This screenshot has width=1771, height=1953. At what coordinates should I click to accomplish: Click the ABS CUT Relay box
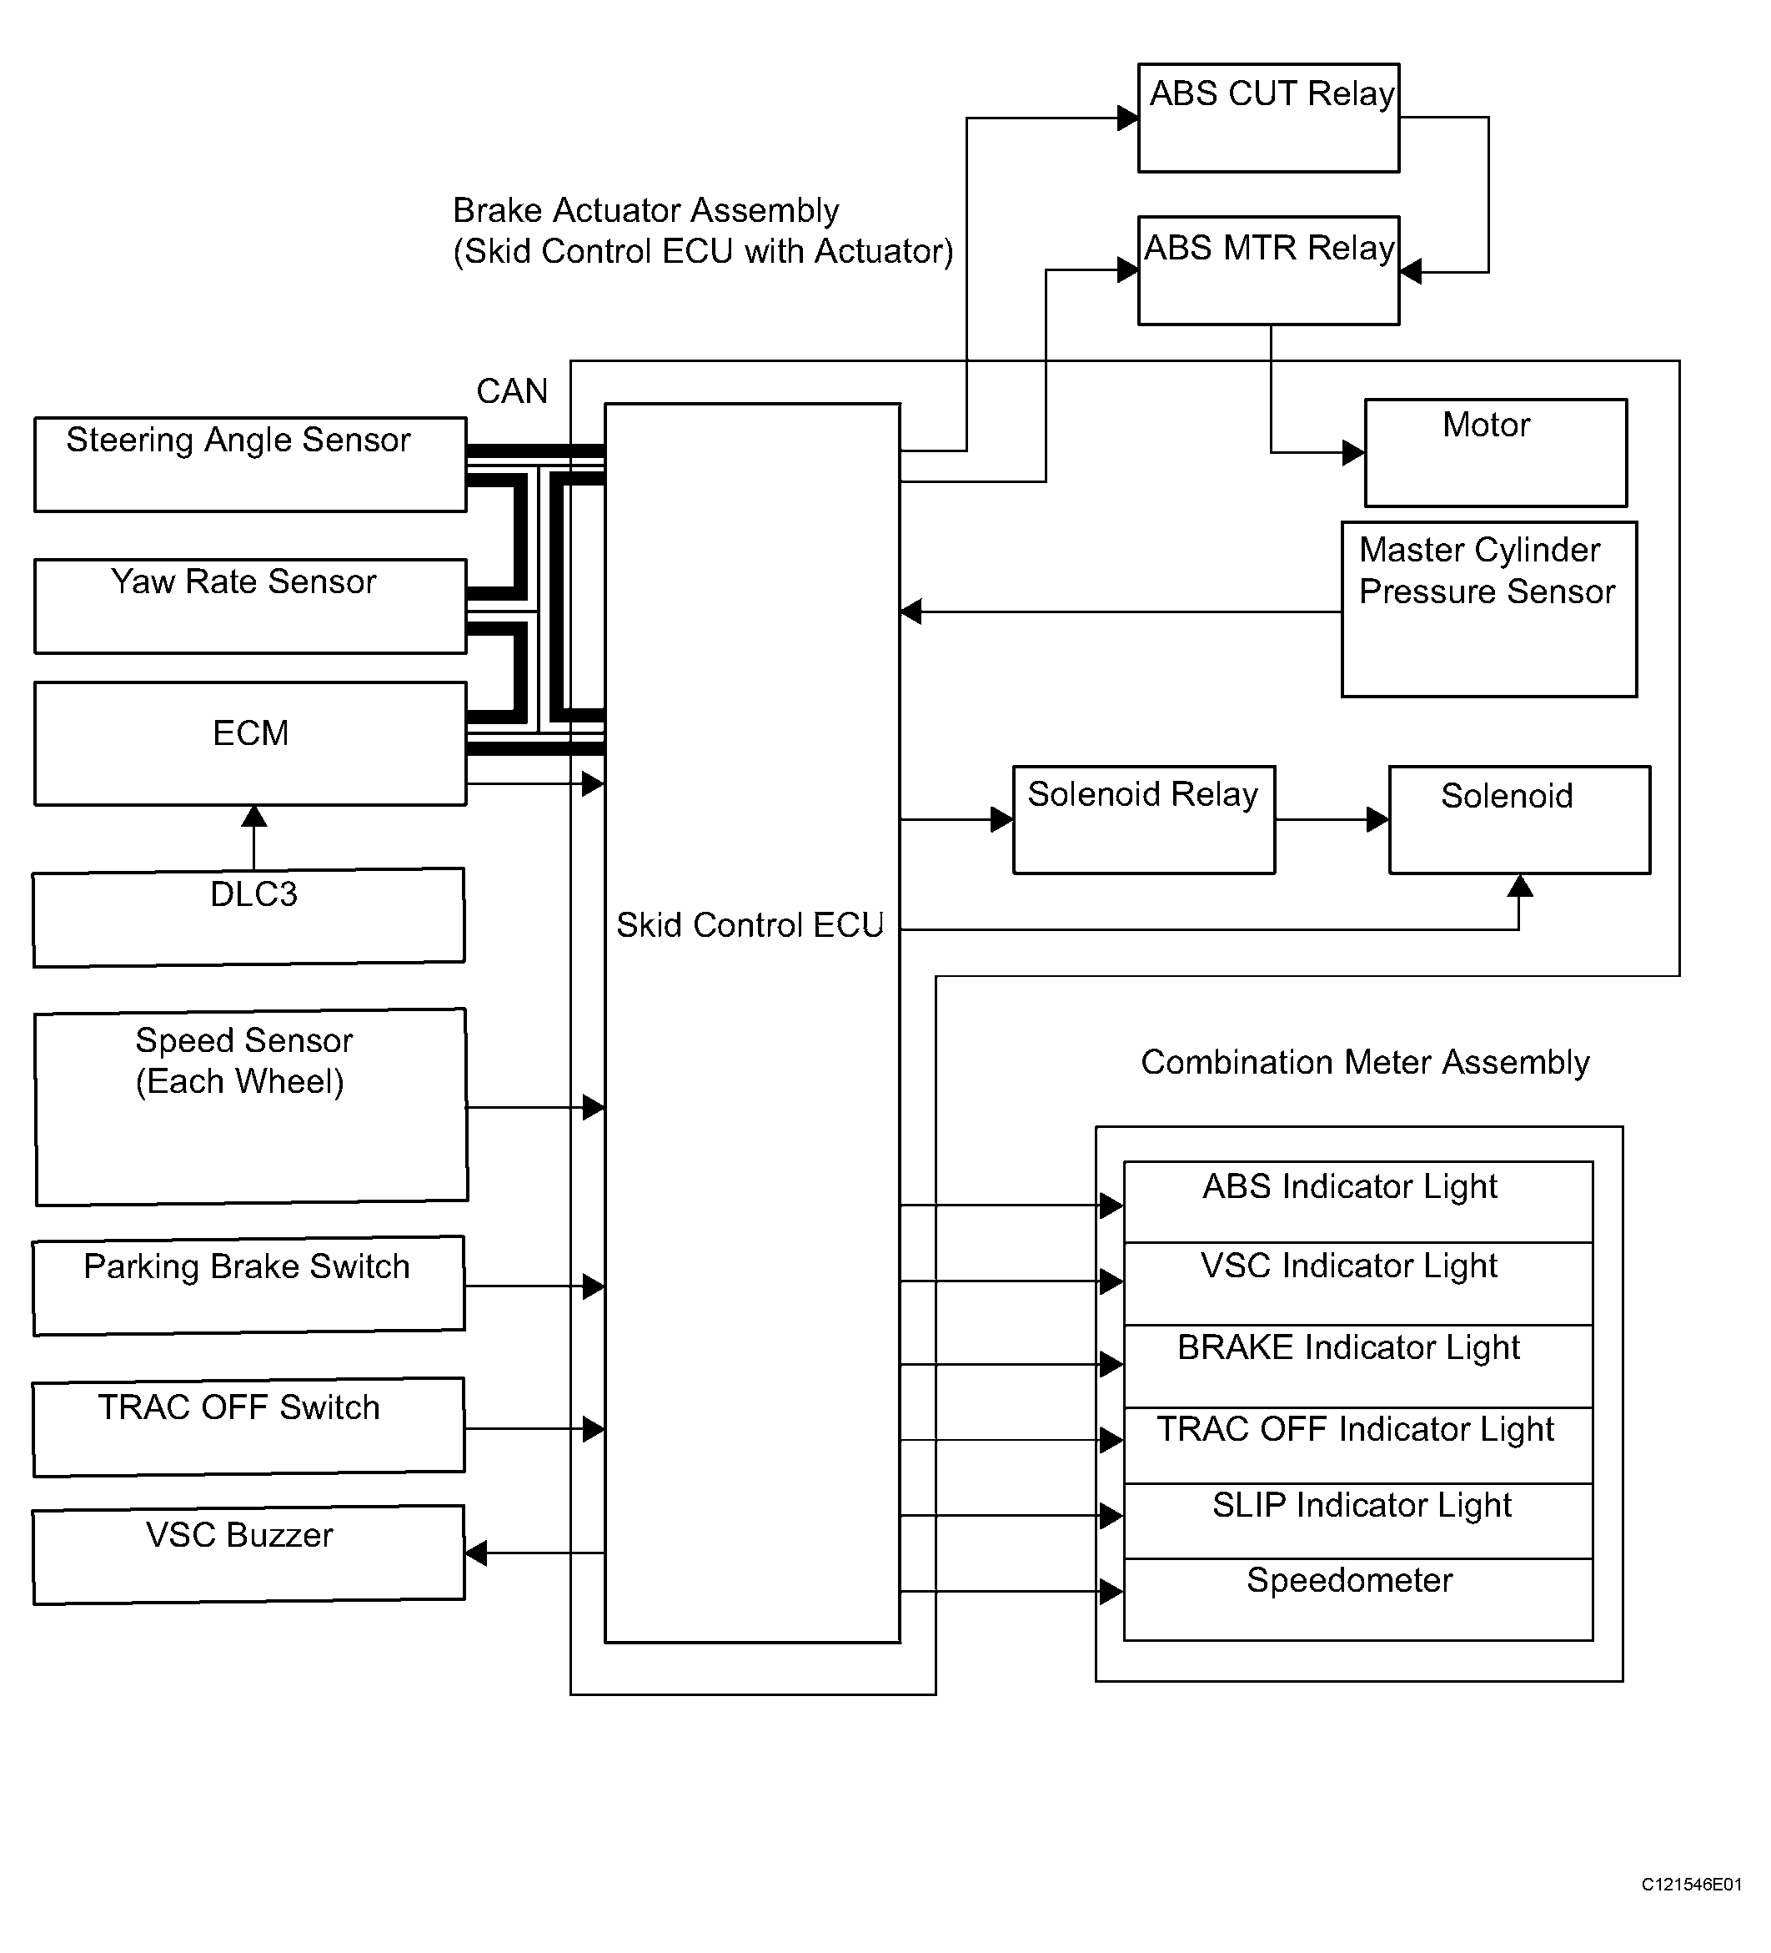pos(1268,118)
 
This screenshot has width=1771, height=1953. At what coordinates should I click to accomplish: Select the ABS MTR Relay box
pos(1268,270)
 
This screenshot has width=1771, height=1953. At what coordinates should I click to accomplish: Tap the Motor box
pos(1495,452)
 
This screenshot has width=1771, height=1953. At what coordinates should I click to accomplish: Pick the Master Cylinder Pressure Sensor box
pos(1489,609)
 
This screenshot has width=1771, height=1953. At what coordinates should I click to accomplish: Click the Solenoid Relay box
pos(1143,819)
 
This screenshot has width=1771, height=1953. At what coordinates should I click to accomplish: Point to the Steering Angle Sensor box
pos(250,464)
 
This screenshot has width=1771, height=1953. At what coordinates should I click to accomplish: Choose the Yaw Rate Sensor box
pos(250,606)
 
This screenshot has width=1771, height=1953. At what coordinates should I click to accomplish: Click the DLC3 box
pos(248,918)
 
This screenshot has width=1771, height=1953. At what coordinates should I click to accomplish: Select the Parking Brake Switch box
pos(248,1286)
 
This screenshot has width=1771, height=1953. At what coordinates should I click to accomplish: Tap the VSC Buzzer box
pos(248,1554)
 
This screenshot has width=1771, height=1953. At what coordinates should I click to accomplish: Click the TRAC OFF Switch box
pos(248,1427)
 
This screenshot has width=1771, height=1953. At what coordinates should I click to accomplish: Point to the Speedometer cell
pos(1358,1599)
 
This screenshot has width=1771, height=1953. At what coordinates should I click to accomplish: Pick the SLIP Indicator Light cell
pos(1358,1521)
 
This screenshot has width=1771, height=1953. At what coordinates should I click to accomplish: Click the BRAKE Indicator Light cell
pos(1358,1366)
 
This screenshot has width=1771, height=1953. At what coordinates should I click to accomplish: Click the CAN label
pos(512,391)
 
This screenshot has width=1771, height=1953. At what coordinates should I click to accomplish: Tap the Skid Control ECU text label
pos(750,925)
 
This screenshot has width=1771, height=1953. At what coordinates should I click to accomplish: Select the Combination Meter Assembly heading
pos(1365,1063)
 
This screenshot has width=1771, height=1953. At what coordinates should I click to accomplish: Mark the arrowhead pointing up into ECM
pos(253,816)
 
